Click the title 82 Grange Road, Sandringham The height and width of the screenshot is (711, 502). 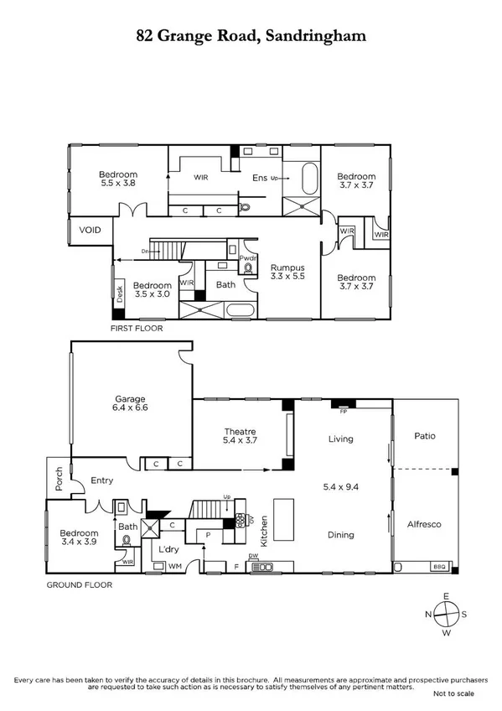pyautogui.click(x=251, y=37)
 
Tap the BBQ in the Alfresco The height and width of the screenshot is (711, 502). pyautogui.click(x=438, y=567)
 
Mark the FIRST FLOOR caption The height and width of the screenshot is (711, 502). pyautogui.click(x=137, y=329)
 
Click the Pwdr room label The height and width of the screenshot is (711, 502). pyautogui.click(x=249, y=259)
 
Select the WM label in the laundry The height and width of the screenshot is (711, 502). pyautogui.click(x=176, y=567)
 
